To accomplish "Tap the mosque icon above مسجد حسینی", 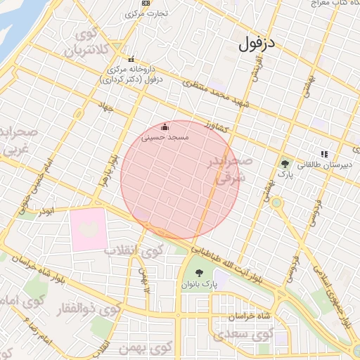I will point(165,127).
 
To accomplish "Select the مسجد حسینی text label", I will point(165,138).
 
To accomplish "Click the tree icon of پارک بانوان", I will point(198,273).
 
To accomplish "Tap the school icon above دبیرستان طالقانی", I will point(324,153).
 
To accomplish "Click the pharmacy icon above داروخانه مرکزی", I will point(130,59).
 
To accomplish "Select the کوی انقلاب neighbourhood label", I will point(134,249).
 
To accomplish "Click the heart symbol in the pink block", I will point(89,227).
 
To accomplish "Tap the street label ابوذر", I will point(47,210).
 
